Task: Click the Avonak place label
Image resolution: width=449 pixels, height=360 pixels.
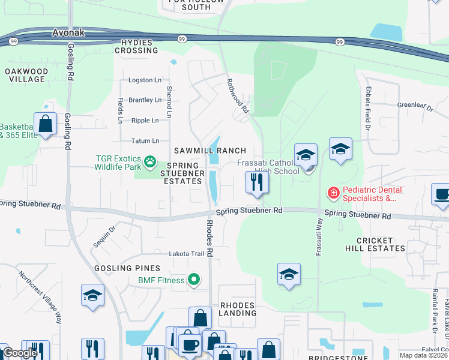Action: pyautogui.click(x=69, y=33)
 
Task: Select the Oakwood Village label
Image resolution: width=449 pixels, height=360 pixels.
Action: pyautogui.click(x=25, y=75)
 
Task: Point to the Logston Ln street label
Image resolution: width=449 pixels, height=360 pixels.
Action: pyautogui.click(x=145, y=80)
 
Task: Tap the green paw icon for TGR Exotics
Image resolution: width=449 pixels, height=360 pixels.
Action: pyautogui.click(x=149, y=161)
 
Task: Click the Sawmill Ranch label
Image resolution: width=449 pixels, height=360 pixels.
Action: pyautogui.click(x=210, y=150)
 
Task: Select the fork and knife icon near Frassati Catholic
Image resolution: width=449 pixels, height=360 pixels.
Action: pyautogui.click(x=257, y=182)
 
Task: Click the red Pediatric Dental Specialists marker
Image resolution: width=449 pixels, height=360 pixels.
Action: pyautogui.click(x=332, y=193)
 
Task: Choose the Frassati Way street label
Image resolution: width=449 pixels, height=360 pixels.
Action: pyautogui.click(x=318, y=236)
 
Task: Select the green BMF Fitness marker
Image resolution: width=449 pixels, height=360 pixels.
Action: pyautogui.click(x=193, y=279)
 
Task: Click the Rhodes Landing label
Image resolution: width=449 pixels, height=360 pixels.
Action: pyautogui.click(x=238, y=309)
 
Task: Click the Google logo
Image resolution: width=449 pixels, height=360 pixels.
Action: pyautogui.click(x=20, y=353)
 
